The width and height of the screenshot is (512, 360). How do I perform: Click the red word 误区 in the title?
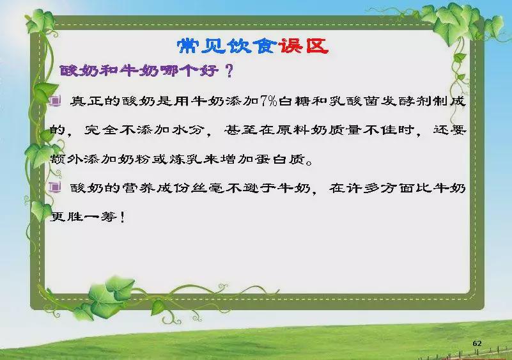point(303,46)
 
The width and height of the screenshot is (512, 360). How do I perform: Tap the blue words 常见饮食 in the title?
point(227,46)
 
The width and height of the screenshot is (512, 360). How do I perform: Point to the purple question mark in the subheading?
point(229,70)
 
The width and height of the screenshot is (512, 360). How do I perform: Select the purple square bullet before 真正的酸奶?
point(55,101)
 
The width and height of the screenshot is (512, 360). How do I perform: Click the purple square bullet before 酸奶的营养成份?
point(55,188)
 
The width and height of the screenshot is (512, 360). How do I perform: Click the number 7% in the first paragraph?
point(268,101)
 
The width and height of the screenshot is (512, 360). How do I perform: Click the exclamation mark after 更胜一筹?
point(123,217)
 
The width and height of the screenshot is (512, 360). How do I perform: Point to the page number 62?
point(477,343)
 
